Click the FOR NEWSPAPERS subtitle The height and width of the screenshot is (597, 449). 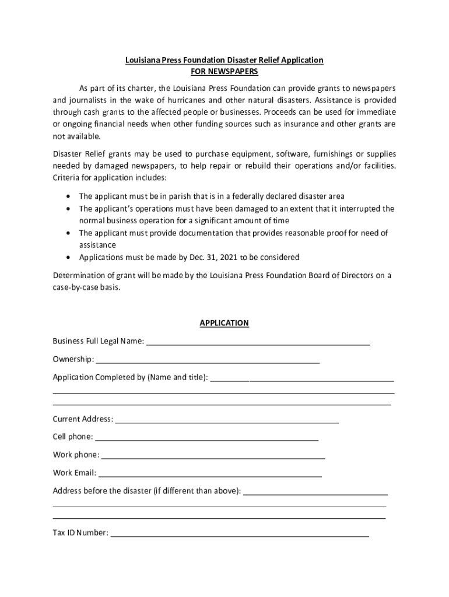224,71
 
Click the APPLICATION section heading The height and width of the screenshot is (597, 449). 224,323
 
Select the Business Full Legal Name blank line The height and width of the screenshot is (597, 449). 258,344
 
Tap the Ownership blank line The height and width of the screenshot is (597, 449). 207,362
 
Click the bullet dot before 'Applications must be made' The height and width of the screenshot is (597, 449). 70,257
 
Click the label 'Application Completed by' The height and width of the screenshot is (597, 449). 99,377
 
